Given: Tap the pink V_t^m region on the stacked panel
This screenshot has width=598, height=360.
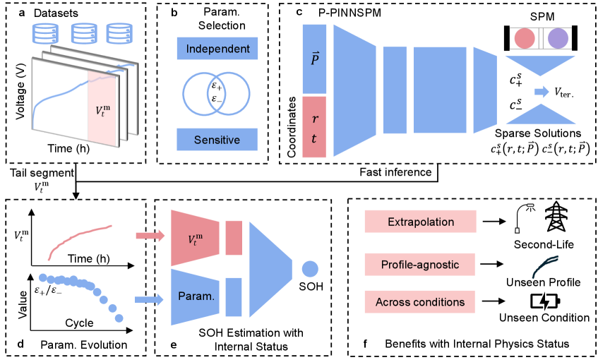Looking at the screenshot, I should [103, 109].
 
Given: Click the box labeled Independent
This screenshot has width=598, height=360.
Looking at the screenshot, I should [217, 49].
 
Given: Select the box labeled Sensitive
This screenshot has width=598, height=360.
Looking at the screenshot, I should [217, 140].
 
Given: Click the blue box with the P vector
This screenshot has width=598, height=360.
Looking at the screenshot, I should [314, 59].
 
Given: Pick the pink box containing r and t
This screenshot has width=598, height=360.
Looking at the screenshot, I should [314, 127].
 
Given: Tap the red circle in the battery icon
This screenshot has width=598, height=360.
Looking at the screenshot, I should [525, 38].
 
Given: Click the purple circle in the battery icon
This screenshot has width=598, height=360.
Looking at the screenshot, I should [558, 38].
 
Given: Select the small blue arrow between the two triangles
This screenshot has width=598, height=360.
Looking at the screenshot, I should [542, 92].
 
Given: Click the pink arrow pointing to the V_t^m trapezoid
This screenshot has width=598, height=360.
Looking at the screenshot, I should [149, 236].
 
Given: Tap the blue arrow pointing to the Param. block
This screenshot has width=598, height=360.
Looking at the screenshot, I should [149, 299].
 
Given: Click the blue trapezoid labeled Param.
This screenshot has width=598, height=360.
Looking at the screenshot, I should [196, 297].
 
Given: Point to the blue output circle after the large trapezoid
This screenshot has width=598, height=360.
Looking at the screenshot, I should [310, 268].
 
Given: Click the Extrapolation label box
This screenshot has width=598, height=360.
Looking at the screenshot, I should [420, 222].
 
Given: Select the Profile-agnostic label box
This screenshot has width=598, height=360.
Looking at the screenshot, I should [419, 265].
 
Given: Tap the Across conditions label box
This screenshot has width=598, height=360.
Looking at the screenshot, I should [419, 302].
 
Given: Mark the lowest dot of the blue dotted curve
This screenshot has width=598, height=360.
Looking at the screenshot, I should [119, 318].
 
